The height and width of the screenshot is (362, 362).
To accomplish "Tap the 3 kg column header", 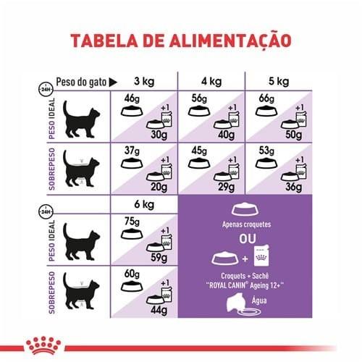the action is coord(144,81).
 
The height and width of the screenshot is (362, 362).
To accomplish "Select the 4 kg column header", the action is coord(211,81).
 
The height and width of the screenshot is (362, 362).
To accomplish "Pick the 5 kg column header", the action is coord(279,81).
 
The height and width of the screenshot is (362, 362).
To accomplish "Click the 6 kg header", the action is coord(144,204).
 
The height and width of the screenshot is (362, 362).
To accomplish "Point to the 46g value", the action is coord(132,98).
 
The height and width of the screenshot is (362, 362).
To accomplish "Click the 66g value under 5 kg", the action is coord(266,98).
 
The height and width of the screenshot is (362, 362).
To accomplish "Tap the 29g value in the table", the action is coord(226,188).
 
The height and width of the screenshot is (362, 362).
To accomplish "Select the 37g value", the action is coord(132,151).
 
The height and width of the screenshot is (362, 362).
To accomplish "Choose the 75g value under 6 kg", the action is coord(132,222).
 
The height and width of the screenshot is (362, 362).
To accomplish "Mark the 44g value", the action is coord(159,311).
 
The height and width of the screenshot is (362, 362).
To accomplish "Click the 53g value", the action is coord(266,151).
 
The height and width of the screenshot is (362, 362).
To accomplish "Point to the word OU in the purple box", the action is coord(248,239).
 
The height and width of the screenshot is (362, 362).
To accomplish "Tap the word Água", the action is coord(259,300).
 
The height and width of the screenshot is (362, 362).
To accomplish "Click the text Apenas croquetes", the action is coord(246,224).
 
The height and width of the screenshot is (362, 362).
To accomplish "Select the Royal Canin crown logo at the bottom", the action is coord(43,345).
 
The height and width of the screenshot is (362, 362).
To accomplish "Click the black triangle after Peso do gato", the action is coord(113,83).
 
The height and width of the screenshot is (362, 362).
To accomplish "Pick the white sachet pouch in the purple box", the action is coord(262,256).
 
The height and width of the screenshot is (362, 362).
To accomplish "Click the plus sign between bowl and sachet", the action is coord(245,259).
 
